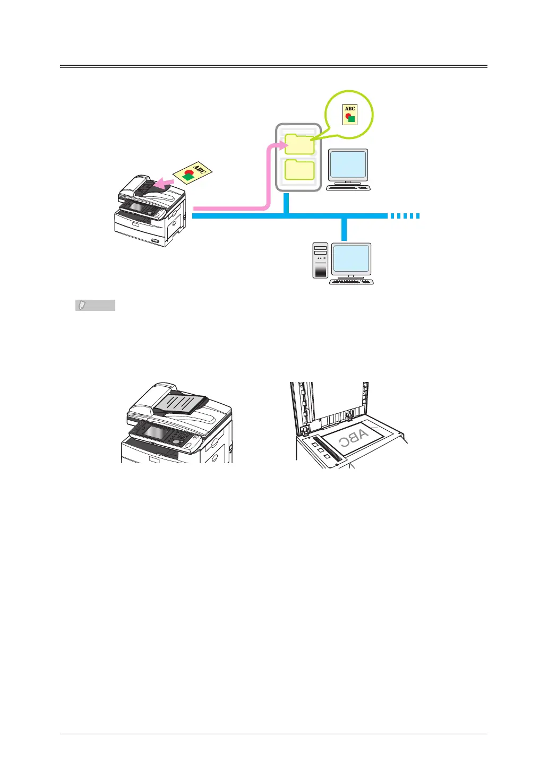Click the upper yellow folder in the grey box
tap(299, 144)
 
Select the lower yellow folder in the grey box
tap(299, 170)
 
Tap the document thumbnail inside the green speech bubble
tap(349, 115)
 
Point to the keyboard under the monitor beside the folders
tap(348, 187)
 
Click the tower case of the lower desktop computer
tap(320, 260)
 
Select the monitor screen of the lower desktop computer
tap(351, 258)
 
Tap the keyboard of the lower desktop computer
tap(352, 282)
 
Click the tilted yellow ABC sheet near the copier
tap(193, 172)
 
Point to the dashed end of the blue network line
tap(405, 216)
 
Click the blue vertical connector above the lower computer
tap(345, 229)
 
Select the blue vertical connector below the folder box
tap(286, 203)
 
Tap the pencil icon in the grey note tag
tap(82, 306)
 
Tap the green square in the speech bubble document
tap(351, 119)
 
